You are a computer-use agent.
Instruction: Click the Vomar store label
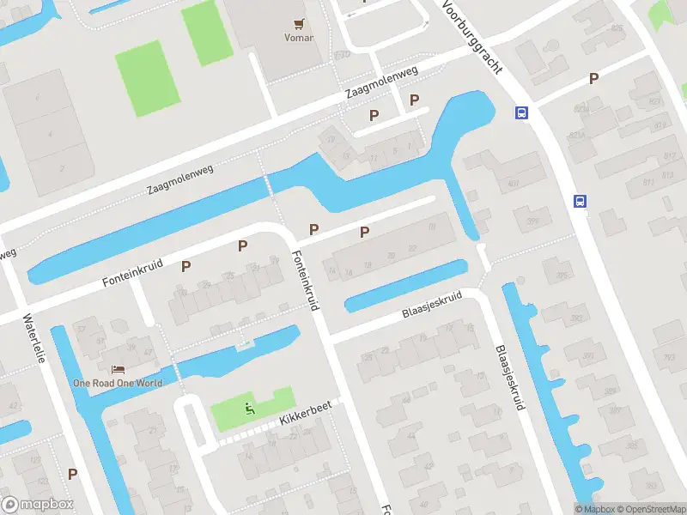[x=298, y=38]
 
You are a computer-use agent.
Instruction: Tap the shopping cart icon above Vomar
[x=299, y=24]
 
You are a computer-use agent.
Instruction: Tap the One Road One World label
[x=117, y=383]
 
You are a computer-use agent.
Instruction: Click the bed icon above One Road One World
[x=118, y=369]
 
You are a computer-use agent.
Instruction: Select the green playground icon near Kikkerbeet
[x=250, y=409]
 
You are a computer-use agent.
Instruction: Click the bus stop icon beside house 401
[x=520, y=112]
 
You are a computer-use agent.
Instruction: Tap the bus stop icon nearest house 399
[x=580, y=202]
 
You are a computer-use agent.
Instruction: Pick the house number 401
[x=514, y=184]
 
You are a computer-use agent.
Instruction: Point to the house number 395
[x=562, y=276]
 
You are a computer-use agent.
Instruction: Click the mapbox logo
[x=37, y=505]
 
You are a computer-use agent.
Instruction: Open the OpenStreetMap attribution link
[x=647, y=509]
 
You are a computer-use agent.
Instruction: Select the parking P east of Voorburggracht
[x=593, y=79]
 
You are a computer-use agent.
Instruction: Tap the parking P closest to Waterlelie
[x=73, y=473]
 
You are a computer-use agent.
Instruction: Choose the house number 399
[x=532, y=221]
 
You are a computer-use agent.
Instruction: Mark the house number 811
[x=647, y=183]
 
